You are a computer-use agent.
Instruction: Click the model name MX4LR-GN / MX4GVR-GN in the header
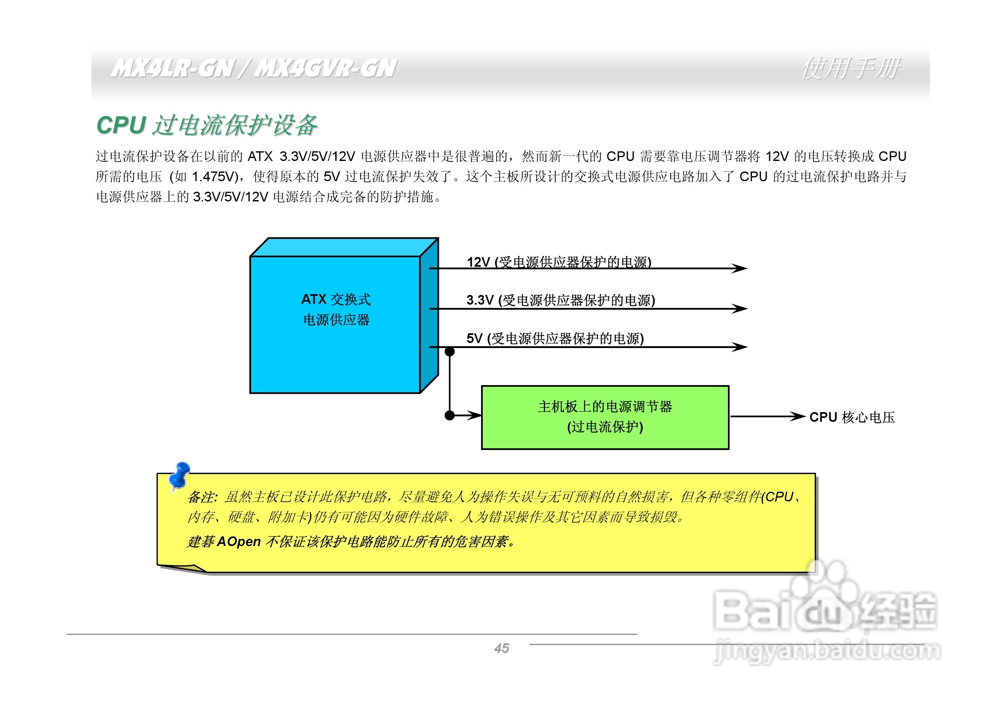pos(253,69)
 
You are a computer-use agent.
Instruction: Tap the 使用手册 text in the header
pos(850,69)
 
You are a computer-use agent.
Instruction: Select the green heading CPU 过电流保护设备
pos(207,126)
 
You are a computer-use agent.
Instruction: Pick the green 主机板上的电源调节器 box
pos(604,417)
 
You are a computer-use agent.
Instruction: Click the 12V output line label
pos(559,262)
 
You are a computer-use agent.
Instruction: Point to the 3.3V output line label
pos(560,300)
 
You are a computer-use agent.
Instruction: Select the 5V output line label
pos(555,338)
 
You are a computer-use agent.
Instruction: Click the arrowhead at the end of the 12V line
pos(741,268)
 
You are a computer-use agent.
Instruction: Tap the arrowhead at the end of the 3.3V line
pos(741,309)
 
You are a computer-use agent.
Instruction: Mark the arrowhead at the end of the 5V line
pos(741,347)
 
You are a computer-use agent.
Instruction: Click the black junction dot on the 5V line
pos(449,351)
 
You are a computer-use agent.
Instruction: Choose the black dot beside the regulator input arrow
pos(449,415)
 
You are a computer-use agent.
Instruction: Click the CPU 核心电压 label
pos(851,417)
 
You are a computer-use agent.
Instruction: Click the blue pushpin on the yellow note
pos(179,475)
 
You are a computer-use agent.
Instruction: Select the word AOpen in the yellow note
pos(238,541)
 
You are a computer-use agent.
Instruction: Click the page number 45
pos(501,648)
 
